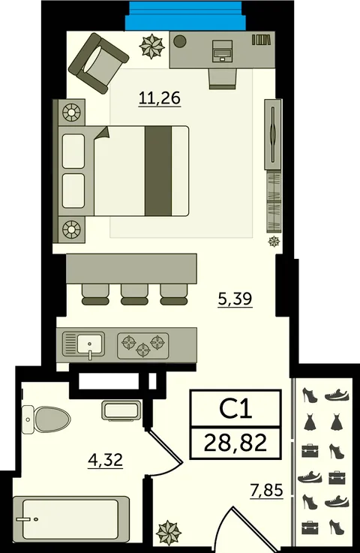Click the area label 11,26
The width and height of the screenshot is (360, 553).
pyautogui.click(x=160, y=98)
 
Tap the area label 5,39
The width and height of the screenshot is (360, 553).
pyautogui.click(x=235, y=299)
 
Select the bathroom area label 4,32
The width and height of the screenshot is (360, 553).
pyautogui.click(x=105, y=460)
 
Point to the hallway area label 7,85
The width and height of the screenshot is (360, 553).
pyautogui.click(x=266, y=489)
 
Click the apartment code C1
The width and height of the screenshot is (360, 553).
pyautogui.click(x=235, y=409)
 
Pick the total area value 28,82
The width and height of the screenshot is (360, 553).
pyautogui.click(x=235, y=442)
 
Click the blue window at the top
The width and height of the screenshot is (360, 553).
pyautogui.click(x=185, y=16)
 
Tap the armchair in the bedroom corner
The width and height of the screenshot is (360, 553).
pyautogui.click(x=98, y=63)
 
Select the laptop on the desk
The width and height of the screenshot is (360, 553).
pyautogui.click(x=223, y=50)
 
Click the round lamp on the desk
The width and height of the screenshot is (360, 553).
pyautogui.click(x=180, y=41)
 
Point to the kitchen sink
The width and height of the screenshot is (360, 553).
pyautogui.click(x=83, y=344)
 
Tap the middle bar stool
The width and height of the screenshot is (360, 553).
pyautogui.click(x=134, y=294)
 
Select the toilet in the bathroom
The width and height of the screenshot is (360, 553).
pyautogui.click(x=46, y=419)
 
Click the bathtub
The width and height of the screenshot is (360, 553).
pyautogui.click(x=70, y=519)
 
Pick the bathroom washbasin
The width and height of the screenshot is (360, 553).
pyautogui.click(x=121, y=410)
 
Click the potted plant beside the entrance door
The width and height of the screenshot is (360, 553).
pyautogui.click(x=169, y=532)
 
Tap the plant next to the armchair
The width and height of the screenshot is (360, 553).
pyautogui.click(x=152, y=46)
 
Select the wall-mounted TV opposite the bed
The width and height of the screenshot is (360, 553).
pyautogui.click(x=273, y=134)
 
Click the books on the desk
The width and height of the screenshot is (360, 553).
pyautogui.click(x=263, y=40)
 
